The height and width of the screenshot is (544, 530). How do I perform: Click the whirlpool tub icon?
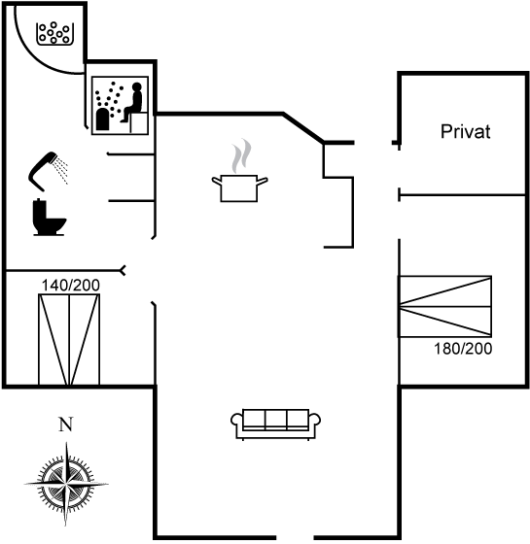tap(54, 33)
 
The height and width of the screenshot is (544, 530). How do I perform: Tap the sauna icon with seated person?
tap(120, 106)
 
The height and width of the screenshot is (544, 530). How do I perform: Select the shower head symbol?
tap(48, 171)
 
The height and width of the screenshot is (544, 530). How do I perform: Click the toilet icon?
tap(50, 218)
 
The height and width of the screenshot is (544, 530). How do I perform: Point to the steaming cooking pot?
tap(239, 187)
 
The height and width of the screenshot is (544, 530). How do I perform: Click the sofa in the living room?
tap(275, 425)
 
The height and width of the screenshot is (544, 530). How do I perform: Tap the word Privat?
tap(466, 132)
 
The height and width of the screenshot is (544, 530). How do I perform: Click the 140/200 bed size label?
tap(70, 286)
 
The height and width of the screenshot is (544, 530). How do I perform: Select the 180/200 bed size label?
tap(463, 349)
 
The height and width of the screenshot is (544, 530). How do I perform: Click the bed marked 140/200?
tap(69, 340)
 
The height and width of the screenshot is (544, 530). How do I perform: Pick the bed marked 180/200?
tap(445, 306)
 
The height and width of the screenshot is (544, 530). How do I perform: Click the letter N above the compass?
tap(66, 424)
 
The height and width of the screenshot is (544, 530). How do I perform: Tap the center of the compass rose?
tap(66, 484)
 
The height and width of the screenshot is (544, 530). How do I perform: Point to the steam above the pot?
tap(241, 155)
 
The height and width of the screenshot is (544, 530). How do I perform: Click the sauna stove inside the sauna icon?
tap(103, 119)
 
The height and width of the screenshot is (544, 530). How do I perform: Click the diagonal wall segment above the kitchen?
tap(303, 127)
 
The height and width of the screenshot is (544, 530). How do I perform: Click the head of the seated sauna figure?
tap(137, 86)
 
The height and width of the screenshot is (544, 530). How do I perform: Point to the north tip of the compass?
tap(66, 443)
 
